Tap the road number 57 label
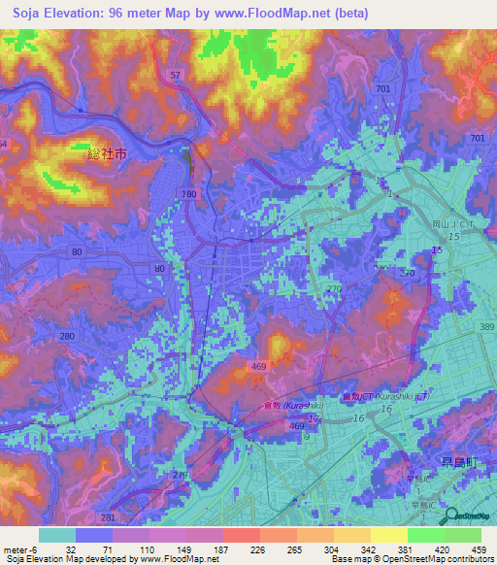[x=175, y=75]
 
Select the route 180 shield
[x=188, y=194]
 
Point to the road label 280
[x=66, y=336]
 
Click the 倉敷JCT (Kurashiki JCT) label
[x=377, y=398]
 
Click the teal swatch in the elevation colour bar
[x=56, y=535]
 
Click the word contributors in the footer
[x=470, y=559]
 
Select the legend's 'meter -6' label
[x=19, y=549]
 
